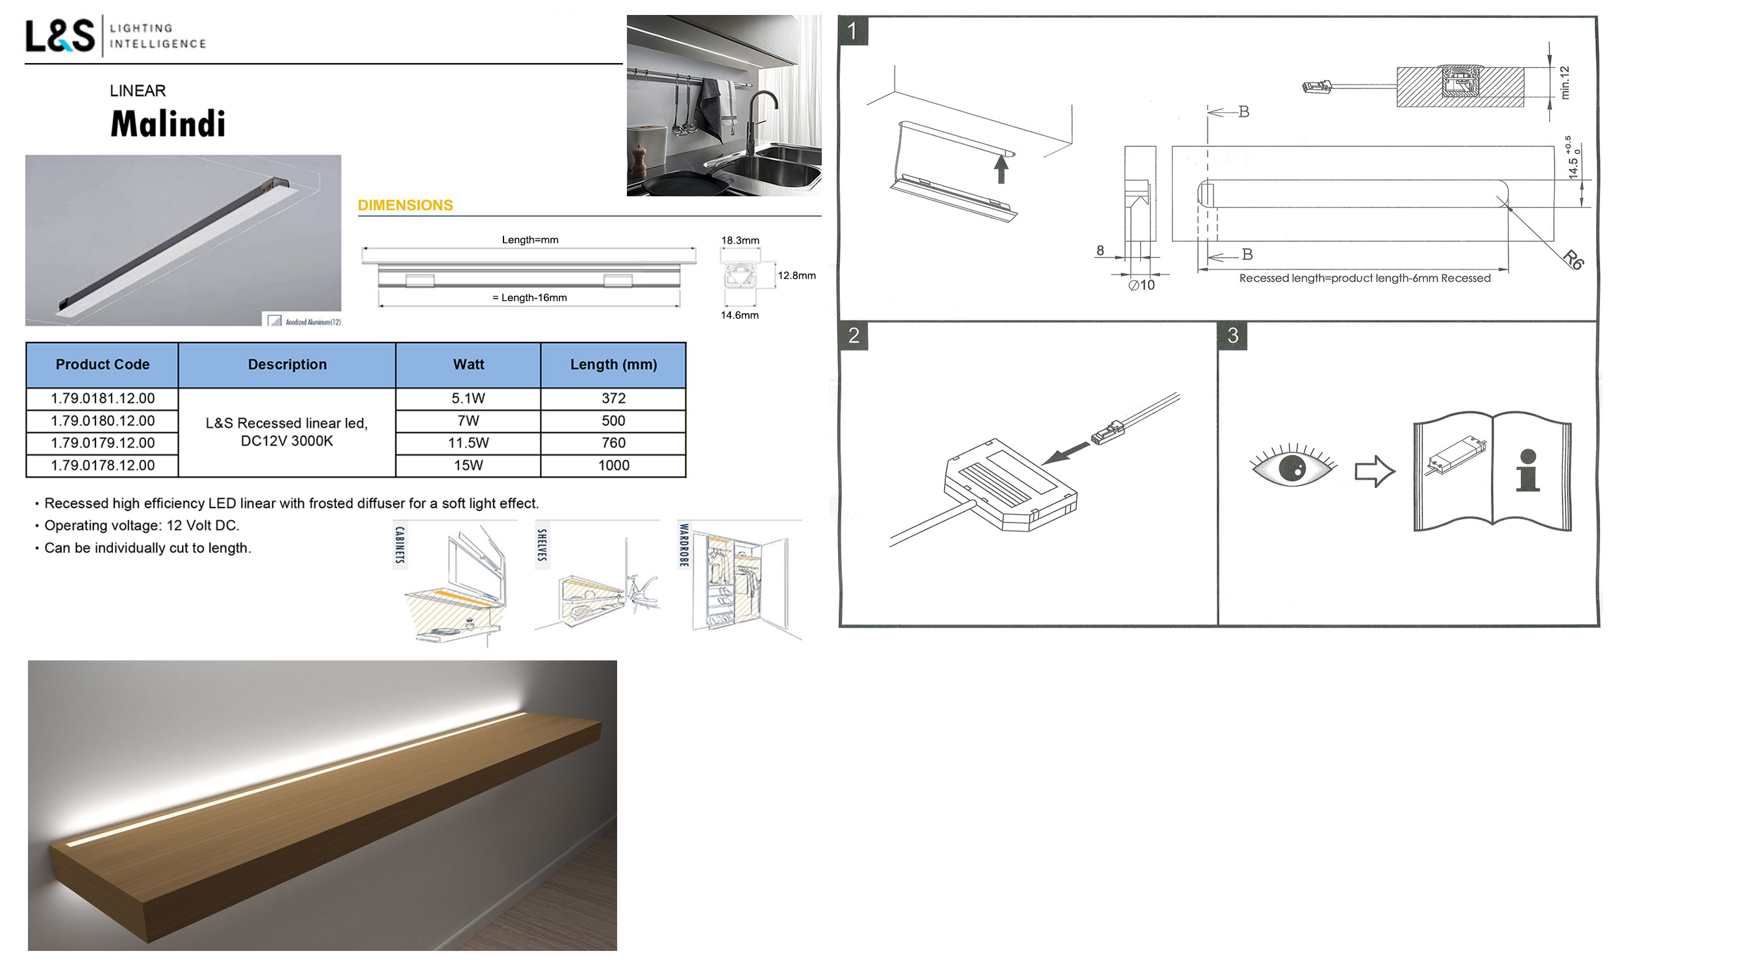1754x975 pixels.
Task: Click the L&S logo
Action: (60, 36)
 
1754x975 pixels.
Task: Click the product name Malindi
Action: (168, 123)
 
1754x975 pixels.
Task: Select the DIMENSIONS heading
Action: (405, 205)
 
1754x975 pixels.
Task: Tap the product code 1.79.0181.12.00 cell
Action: (103, 398)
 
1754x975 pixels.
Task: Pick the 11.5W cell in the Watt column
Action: (468, 443)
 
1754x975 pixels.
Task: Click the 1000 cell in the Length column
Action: (613, 465)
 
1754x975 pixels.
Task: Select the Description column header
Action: (287, 365)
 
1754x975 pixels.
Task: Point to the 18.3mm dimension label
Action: (740, 240)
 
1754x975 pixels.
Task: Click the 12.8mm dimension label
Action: (796, 275)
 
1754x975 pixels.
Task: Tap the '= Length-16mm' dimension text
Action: (529, 298)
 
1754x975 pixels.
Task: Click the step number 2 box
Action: (854, 335)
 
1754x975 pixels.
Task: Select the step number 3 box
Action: (1232, 335)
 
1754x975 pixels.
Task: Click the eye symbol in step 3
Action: (1292, 466)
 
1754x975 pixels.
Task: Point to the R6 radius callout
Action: (1573, 259)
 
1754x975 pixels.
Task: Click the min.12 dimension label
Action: (1565, 83)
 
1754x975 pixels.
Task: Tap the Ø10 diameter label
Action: (1141, 285)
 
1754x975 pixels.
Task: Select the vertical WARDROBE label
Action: (683, 545)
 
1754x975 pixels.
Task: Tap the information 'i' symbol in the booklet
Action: (1528, 470)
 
